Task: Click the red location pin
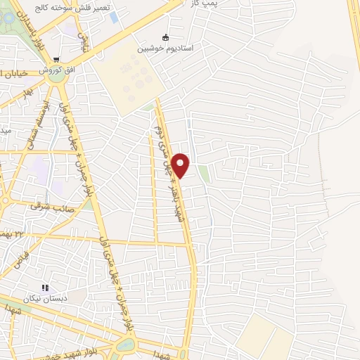[181, 165]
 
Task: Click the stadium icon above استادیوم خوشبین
[166, 37]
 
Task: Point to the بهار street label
[27, 94]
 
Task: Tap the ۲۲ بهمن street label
[14, 231]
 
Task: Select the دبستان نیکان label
[48, 299]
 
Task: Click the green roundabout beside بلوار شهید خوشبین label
[125, 345]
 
